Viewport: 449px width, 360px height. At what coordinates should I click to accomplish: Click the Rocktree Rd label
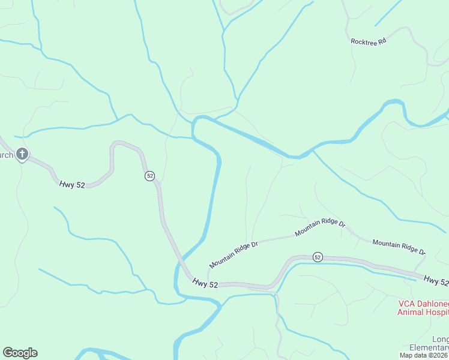(368, 41)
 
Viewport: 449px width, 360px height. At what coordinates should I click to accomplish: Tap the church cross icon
(22, 155)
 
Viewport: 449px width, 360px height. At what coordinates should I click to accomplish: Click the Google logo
(20, 353)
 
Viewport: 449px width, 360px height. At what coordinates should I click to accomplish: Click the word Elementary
(429, 348)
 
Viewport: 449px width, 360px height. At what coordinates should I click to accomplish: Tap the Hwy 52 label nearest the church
(71, 185)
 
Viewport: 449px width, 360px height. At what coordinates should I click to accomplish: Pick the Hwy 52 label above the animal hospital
(435, 280)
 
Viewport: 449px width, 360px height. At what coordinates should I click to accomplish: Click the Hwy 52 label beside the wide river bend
(205, 283)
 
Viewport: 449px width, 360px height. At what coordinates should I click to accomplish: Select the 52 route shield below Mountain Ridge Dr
(318, 257)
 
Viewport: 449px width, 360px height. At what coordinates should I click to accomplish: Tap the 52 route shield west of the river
(149, 176)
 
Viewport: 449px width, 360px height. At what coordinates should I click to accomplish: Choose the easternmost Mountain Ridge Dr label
(399, 247)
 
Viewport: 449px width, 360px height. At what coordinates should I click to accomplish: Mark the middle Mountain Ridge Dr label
(320, 228)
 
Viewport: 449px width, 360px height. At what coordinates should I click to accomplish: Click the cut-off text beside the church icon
(6, 155)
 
